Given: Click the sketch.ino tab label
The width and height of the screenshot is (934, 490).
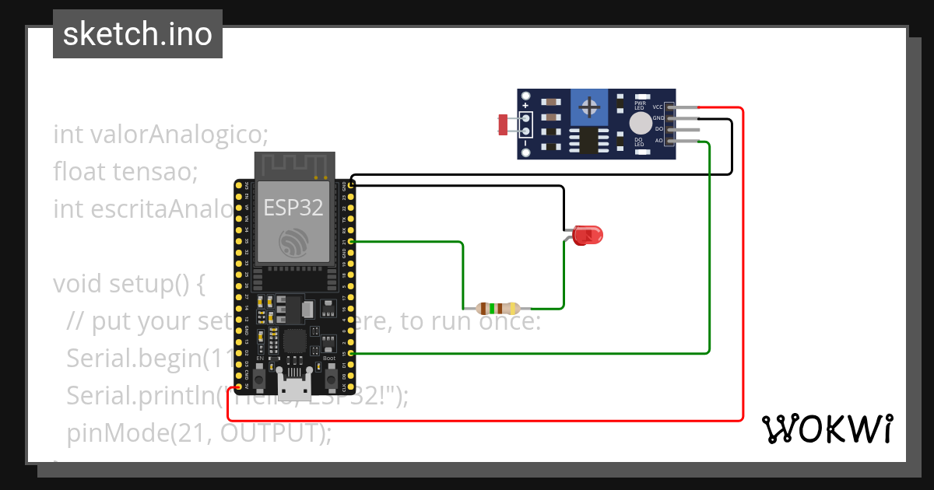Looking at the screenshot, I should [x=137, y=34].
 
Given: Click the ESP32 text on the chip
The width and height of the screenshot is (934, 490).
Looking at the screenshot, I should [x=293, y=207].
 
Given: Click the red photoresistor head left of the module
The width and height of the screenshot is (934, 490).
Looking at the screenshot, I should [x=504, y=123].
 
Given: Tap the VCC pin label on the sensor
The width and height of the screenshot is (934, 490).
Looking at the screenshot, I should [x=658, y=107].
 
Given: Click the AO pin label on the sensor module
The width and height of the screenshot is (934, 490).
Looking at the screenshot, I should [x=658, y=141].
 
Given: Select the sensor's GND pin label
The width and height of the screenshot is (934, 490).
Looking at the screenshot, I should [x=658, y=118].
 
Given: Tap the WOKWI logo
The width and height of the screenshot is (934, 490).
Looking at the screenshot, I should [x=827, y=429].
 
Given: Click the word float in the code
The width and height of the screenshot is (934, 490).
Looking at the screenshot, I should [x=80, y=170].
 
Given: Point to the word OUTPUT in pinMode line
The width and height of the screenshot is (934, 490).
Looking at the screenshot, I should [x=268, y=432].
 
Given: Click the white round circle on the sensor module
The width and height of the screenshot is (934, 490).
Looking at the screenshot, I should [x=641, y=123].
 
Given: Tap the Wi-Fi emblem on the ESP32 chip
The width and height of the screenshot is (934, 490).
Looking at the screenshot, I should [x=294, y=243].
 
